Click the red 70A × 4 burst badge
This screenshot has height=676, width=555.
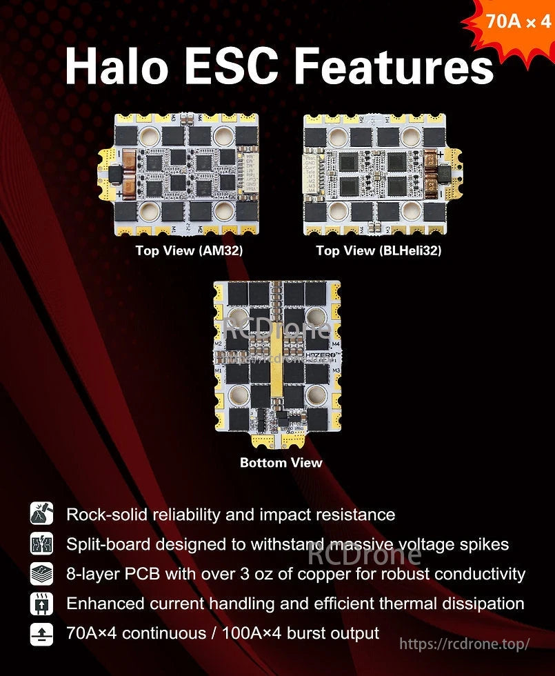coord(517,22)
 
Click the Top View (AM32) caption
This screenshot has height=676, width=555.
coord(189,250)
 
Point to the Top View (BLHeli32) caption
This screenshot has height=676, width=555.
coord(379,250)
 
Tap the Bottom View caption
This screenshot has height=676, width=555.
coord(281,462)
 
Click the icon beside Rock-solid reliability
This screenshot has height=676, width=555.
coord(41,514)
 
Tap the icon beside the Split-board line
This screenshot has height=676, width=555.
coord(41,544)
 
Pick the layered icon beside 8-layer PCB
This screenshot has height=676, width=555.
coord(41,574)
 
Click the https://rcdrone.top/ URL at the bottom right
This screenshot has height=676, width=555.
coord(465,644)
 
